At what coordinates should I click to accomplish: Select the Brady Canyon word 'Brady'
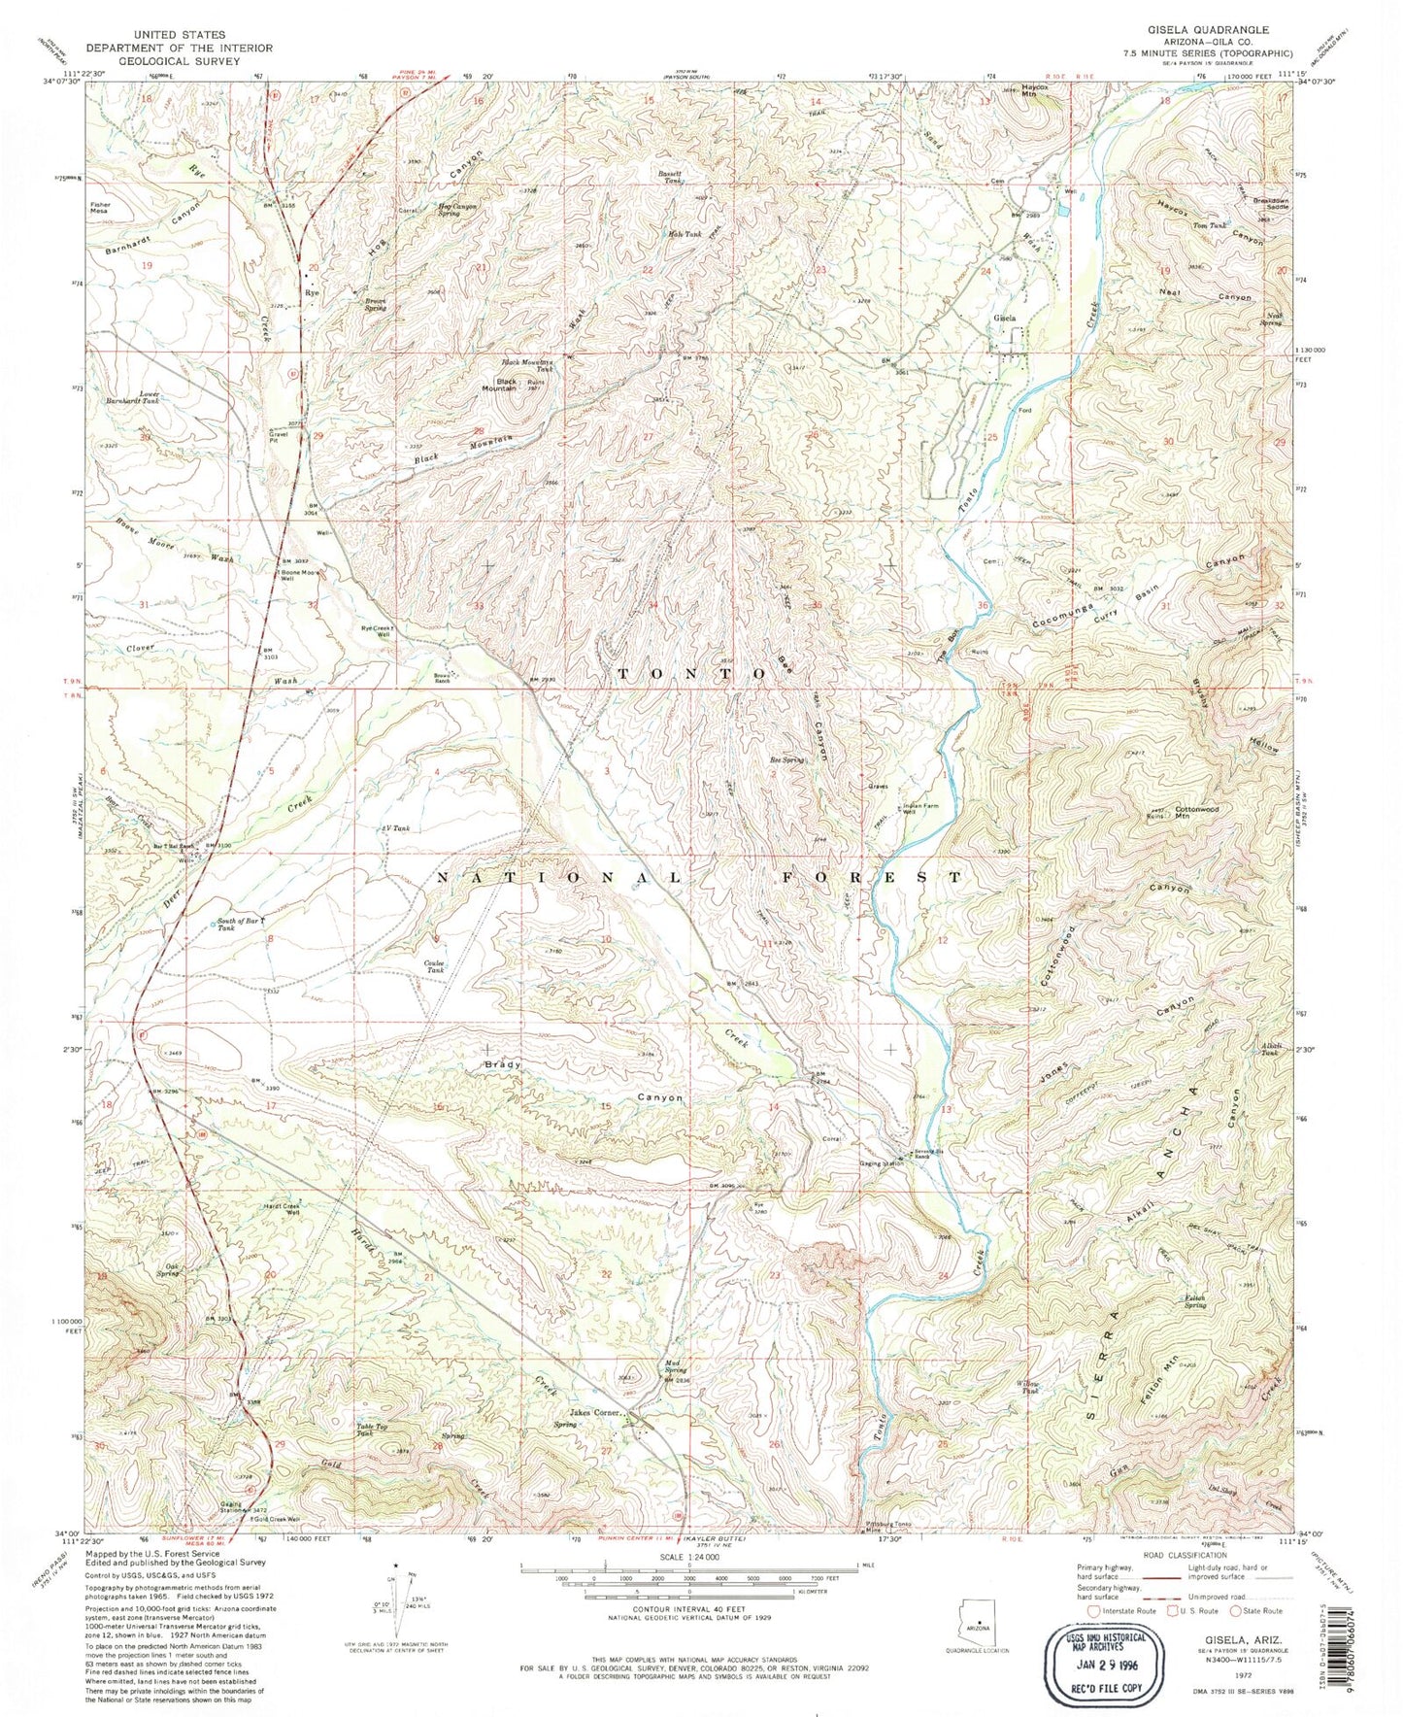click(505, 1064)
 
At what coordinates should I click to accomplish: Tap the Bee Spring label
click(787, 760)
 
